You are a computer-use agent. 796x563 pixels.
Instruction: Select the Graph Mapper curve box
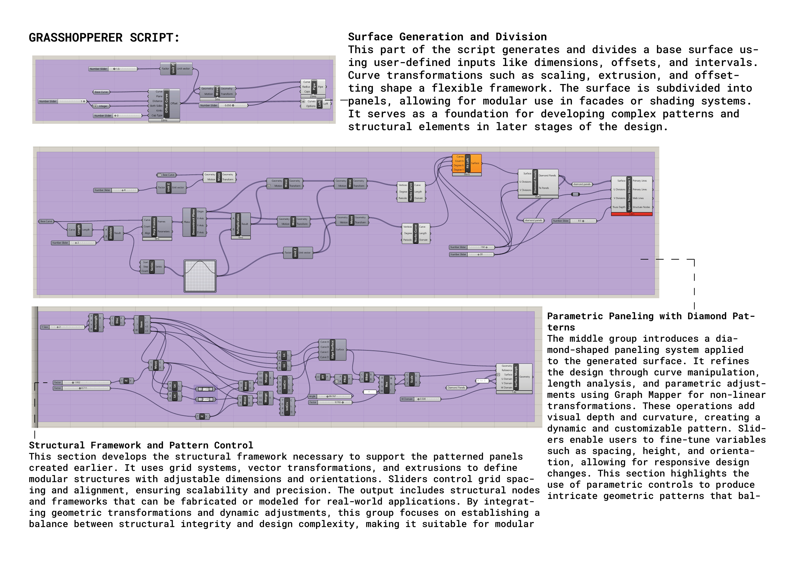tap(200, 276)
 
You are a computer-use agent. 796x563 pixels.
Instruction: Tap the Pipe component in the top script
tap(314, 87)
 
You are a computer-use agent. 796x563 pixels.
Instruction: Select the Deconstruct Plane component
tap(193, 222)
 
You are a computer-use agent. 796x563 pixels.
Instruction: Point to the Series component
tap(152, 267)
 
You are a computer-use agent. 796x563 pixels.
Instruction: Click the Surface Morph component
tap(516, 377)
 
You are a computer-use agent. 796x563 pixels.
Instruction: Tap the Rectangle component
tap(96, 323)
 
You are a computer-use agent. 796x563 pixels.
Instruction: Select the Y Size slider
tap(62, 327)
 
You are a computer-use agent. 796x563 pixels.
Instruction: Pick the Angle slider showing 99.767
tap(330, 396)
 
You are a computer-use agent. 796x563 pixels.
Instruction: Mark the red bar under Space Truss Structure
tap(631, 214)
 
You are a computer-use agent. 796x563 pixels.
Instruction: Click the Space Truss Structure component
tap(629, 194)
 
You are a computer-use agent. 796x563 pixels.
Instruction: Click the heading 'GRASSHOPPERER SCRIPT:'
tap(104, 38)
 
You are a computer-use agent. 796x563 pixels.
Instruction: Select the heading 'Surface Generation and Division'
tap(447, 37)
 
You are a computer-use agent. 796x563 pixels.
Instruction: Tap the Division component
tap(111, 233)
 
